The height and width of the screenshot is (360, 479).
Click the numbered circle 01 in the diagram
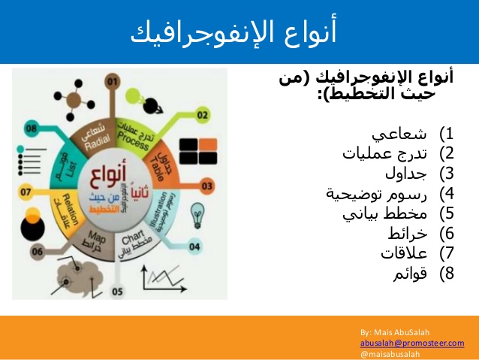[112, 80]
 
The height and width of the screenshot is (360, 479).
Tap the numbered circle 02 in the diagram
[202, 115]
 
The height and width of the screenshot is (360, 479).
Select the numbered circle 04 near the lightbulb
[195, 246]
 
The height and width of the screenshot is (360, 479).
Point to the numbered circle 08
[32, 129]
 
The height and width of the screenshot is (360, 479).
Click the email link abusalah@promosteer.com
[412, 342]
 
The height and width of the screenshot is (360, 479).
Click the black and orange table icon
[198, 150]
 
